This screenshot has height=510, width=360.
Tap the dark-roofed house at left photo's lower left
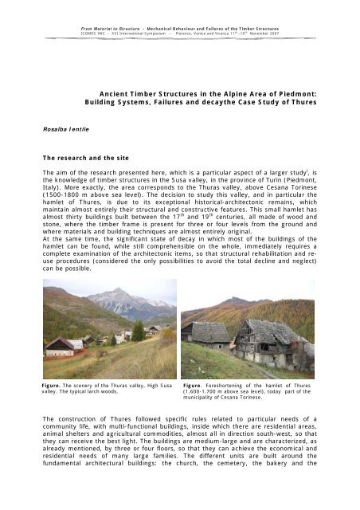tap(62, 345)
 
